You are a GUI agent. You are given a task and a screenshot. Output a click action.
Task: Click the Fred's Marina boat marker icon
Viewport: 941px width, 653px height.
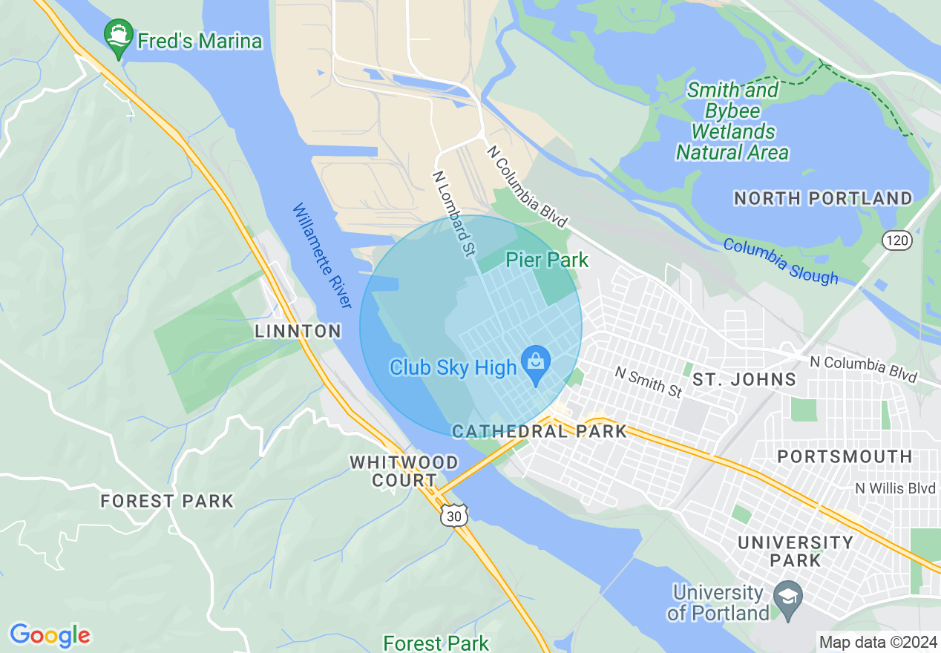pyautogui.click(x=119, y=39)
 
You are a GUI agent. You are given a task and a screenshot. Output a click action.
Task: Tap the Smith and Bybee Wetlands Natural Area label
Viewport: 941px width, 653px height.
pyautogui.click(x=732, y=122)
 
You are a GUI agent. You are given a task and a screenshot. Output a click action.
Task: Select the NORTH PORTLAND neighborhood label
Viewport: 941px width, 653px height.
pyautogui.click(x=823, y=199)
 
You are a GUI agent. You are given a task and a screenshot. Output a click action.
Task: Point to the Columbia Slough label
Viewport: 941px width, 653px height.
pyautogui.click(x=780, y=261)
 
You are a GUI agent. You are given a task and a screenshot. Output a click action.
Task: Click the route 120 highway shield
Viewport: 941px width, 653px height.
pyautogui.click(x=896, y=240)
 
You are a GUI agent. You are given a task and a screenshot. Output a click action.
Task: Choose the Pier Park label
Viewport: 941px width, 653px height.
pyautogui.click(x=547, y=260)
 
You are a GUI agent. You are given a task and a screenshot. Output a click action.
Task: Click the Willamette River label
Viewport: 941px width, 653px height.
pyautogui.click(x=321, y=256)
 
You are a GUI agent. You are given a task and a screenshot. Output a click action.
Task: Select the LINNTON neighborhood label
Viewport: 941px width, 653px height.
pyautogui.click(x=298, y=332)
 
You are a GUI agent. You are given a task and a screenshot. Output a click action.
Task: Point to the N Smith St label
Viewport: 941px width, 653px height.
pyautogui.click(x=648, y=381)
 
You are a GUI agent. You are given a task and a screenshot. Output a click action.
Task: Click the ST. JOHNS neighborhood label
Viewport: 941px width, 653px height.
pyautogui.click(x=744, y=380)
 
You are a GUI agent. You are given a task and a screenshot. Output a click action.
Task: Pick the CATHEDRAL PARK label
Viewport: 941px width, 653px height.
pyautogui.click(x=539, y=431)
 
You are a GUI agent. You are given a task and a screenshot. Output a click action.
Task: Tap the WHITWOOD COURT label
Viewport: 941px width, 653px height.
pyautogui.click(x=404, y=471)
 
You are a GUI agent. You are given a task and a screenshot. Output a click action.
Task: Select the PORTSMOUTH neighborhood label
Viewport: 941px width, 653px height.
pyautogui.click(x=845, y=456)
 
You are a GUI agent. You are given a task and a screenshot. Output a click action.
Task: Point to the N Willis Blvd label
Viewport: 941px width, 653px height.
pyautogui.click(x=895, y=488)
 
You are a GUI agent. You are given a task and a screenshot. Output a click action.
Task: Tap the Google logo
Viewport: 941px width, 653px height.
pyautogui.click(x=50, y=635)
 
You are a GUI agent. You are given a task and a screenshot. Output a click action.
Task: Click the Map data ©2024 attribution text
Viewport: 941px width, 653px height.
pyautogui.click(x=876, y=642)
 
